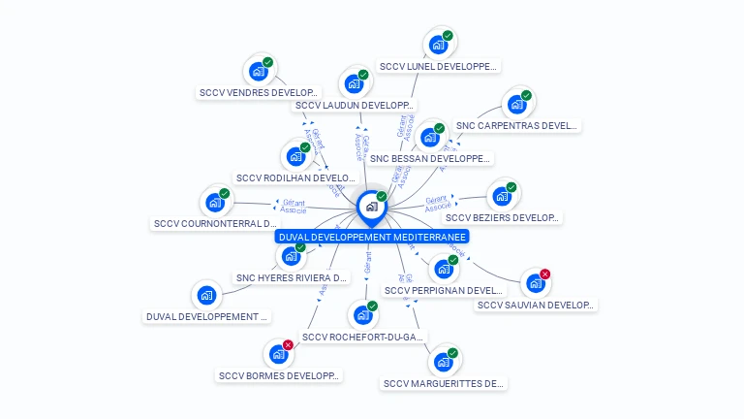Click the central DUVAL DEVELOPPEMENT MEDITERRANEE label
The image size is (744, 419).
tap(372, 237)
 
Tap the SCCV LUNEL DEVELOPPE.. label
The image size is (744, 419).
tap(439, 67)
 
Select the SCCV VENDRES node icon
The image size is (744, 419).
tap(258, 71)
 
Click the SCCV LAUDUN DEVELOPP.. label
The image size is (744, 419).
tap(355, 106)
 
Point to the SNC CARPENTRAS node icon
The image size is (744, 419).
tap(516, 104)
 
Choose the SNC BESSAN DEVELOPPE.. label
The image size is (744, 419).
tap(430, 158)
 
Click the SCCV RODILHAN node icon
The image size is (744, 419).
tap(294, 155)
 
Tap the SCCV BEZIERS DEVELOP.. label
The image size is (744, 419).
tap(503, 218)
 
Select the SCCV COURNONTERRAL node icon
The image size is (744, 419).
tap(214, 203)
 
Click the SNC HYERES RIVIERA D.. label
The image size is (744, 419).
tap(291, 278)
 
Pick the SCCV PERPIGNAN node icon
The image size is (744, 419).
tap(443, 269)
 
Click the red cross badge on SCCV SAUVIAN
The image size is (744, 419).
tap(545, 274)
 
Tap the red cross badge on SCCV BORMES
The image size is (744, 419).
tap(288, 345)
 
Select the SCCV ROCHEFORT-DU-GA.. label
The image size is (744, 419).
tap(362, 338)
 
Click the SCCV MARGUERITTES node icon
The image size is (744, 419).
tap(443, 362)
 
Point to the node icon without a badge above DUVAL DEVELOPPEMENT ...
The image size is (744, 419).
tap(205, 295)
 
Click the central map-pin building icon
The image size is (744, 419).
tap(371, 207)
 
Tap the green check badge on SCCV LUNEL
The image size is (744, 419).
tap(448, 36)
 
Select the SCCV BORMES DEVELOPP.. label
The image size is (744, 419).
tap(279, 375)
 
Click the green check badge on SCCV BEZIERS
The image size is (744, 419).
tap(511, 187)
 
